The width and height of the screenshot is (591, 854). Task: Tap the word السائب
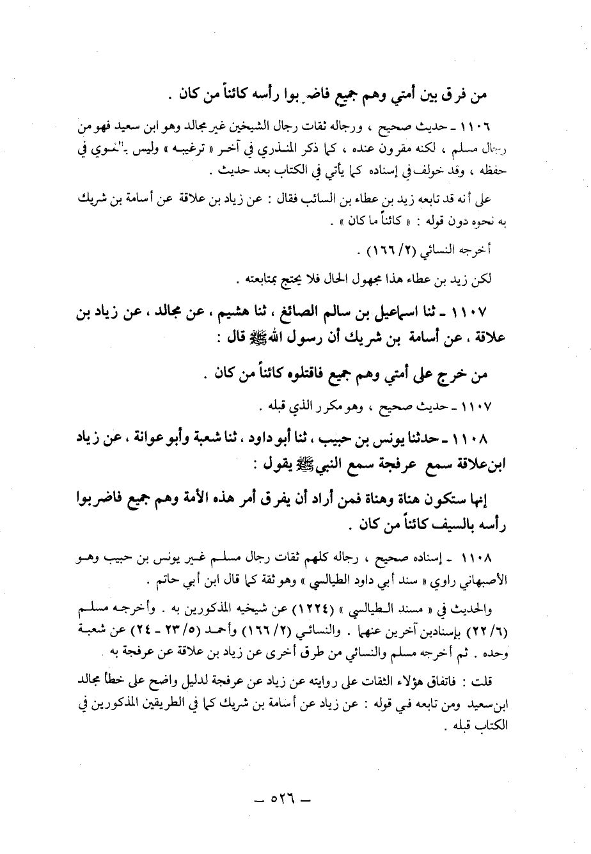click(x=355, y=200)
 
